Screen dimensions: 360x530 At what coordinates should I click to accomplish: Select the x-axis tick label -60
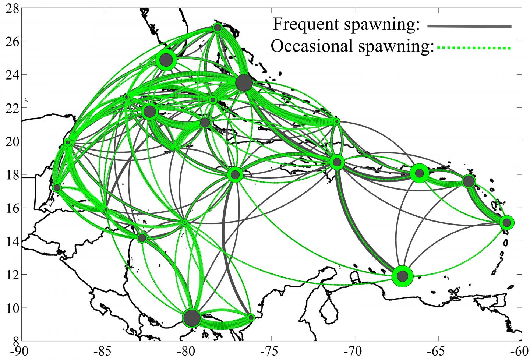519,352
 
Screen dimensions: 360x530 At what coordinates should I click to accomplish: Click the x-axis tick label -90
21,352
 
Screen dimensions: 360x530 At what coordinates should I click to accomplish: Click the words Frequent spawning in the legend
346,24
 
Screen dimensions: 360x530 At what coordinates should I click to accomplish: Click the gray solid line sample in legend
469,26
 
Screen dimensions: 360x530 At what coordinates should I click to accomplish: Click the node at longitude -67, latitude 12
402,276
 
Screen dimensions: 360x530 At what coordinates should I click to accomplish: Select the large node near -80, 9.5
191,318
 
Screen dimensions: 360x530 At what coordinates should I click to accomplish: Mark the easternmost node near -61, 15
507,222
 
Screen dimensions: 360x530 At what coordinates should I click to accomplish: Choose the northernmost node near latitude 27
217,28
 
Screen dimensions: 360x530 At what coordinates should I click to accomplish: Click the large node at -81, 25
166,60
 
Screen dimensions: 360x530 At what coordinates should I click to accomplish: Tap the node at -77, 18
235,175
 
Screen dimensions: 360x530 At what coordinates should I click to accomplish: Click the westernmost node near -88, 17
57,187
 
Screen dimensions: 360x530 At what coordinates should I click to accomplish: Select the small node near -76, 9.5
251,317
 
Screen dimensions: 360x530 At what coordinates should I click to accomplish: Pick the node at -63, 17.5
469,181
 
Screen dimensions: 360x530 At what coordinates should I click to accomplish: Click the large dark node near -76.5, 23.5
244,83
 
